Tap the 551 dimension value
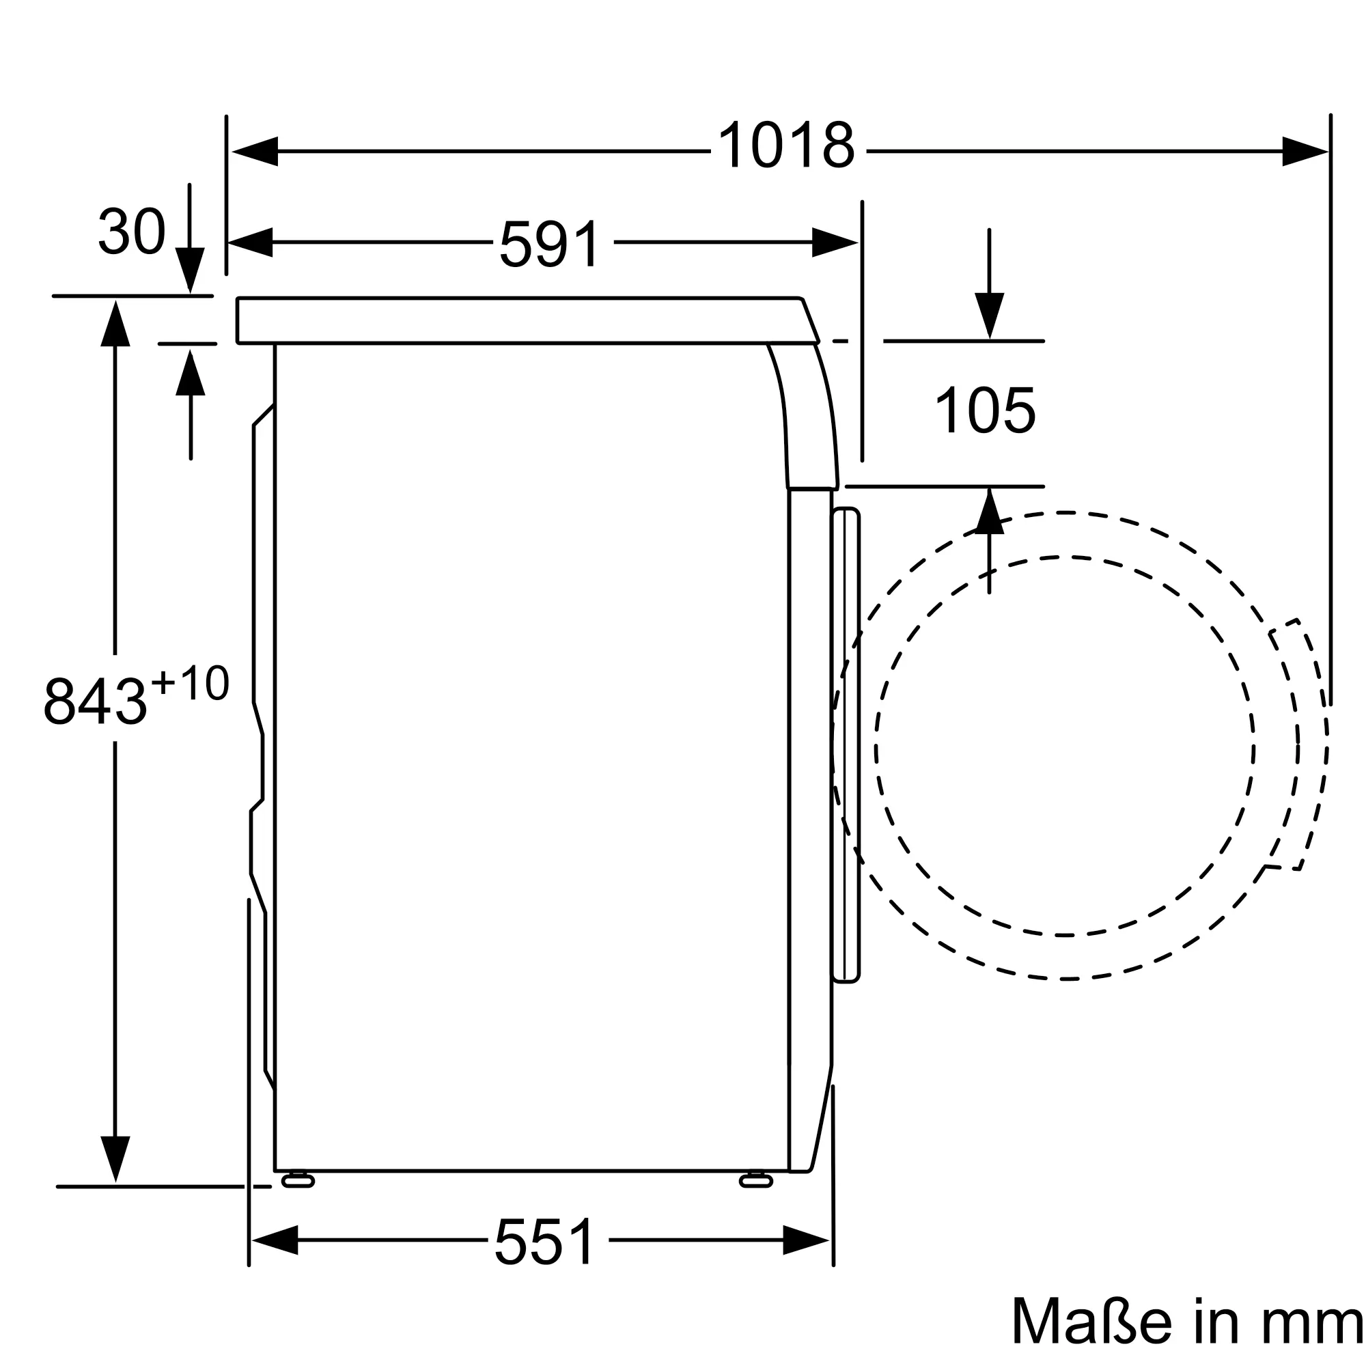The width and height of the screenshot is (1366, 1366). tap(544, 1241)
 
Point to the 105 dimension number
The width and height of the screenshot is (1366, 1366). tap(985, 410)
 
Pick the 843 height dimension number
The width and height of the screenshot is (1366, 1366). tap(95, 701)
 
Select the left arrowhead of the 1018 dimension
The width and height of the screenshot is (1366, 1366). tap(255, 152)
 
